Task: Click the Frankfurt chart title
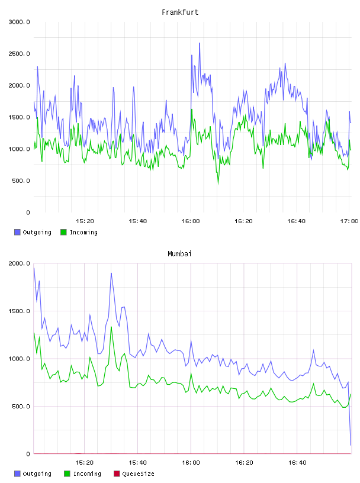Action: [x=180, y=12]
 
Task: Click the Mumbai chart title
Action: [x=179, y=254]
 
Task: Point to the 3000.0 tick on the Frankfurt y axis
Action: [x=20, y=22]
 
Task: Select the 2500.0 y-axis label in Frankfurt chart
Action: [x=20, y=54]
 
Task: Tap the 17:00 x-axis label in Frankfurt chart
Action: [x=349, y=221]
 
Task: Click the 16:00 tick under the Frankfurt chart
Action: [x=191, y=221]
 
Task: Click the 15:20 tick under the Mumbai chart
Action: [x=85, y=463]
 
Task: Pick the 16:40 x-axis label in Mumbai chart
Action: [x=297, y=463]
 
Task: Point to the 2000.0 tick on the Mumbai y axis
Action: [x=20, y=263]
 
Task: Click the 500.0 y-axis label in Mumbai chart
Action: [x=21, y=406]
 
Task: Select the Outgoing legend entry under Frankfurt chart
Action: [x=33, y=232]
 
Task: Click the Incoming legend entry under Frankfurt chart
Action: [x=79, y=232]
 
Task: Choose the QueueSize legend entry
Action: [x=134, y=474]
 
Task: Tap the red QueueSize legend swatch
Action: [x=117, y=474]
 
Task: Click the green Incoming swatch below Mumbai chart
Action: [x=67, y=474]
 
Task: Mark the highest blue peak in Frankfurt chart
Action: [x=200, y=43]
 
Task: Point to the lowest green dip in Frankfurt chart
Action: [x=218, y=184]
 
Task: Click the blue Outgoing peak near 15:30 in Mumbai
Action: [x=111, y=273]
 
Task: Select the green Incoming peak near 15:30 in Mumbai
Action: [x=111, y=327]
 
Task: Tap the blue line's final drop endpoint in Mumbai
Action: [x=351, y=445]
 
